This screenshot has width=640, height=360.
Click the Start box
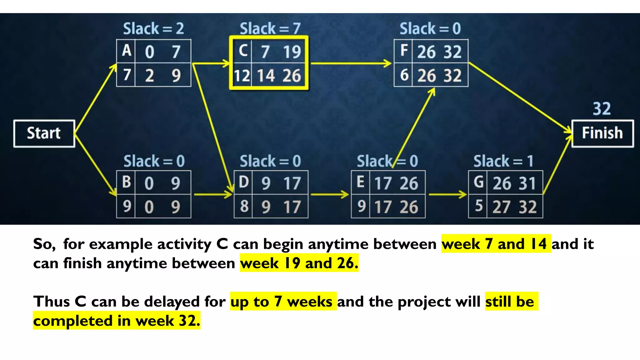click(44, 133)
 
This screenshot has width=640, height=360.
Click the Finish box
click(602, 133)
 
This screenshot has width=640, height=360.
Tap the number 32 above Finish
click(602, 109)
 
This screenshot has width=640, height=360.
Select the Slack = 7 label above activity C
click(270, 29)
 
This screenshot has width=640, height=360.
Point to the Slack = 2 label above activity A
click(153, 29)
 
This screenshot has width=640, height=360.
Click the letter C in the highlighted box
click(243, 51)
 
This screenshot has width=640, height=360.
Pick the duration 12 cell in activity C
click(242, 76)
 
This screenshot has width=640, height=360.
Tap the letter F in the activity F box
click(404, 51)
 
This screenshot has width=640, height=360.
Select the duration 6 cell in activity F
click(404, 75)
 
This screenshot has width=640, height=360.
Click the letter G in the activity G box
click(478, 182)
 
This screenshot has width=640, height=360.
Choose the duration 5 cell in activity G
click(478, 206)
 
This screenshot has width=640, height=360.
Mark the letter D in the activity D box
click(243, 182)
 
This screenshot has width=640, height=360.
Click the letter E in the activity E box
click(360, 182)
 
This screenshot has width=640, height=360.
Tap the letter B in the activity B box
click(126, 182)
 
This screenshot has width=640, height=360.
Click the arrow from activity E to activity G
click(447, 195)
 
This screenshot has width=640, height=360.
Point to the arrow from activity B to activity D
click(213, 195)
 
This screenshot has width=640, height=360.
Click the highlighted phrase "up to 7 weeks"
click(283, 302)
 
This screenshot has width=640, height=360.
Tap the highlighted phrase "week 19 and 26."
click(299, 263)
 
